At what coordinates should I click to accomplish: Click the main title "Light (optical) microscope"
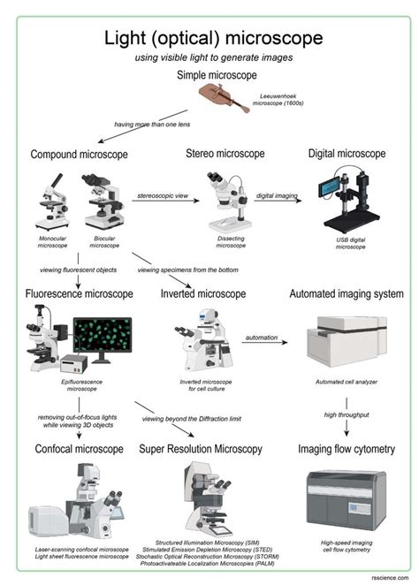click(x=209, y=38)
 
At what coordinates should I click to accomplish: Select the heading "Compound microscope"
click(x=79, y=155)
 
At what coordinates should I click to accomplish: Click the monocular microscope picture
click(x=50, y=205)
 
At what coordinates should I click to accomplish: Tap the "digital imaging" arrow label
click(x=276, y=193)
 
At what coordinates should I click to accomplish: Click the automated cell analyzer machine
click(x=346, y=342)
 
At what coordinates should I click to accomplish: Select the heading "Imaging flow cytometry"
click(x=347, y=449)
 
